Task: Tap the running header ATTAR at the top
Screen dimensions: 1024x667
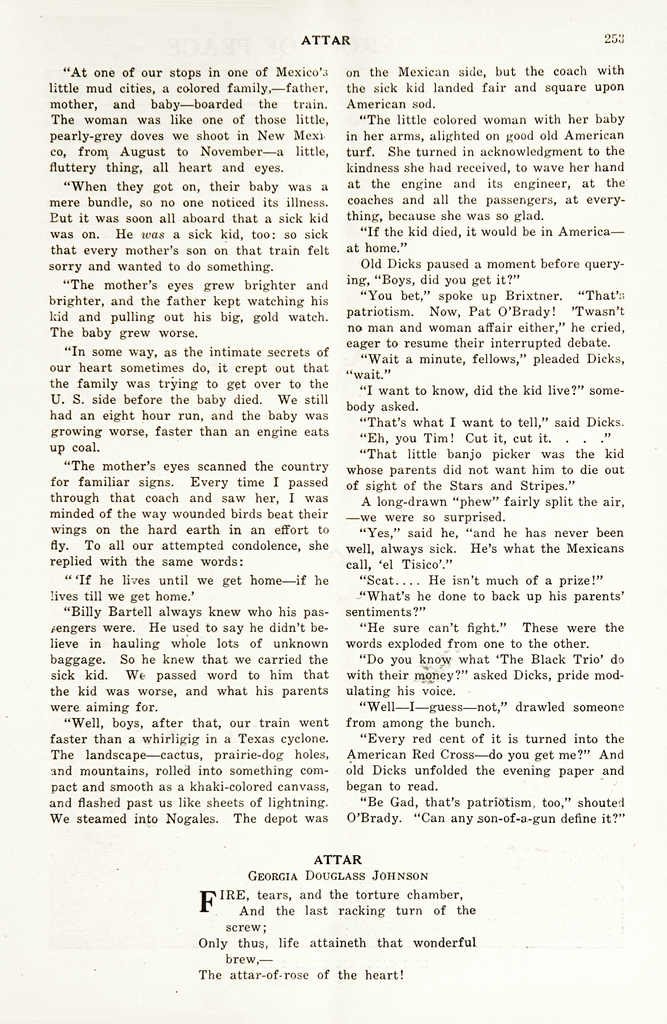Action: pyautogui.click(x=325, y=40)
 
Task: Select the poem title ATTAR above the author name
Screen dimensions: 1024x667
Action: pyautogui.click(x=338, y=859)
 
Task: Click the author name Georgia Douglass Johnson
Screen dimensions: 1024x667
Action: pyautogui.click(x=338, y=876)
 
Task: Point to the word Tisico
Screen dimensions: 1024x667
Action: pyautogui.click(x=420, y=565)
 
